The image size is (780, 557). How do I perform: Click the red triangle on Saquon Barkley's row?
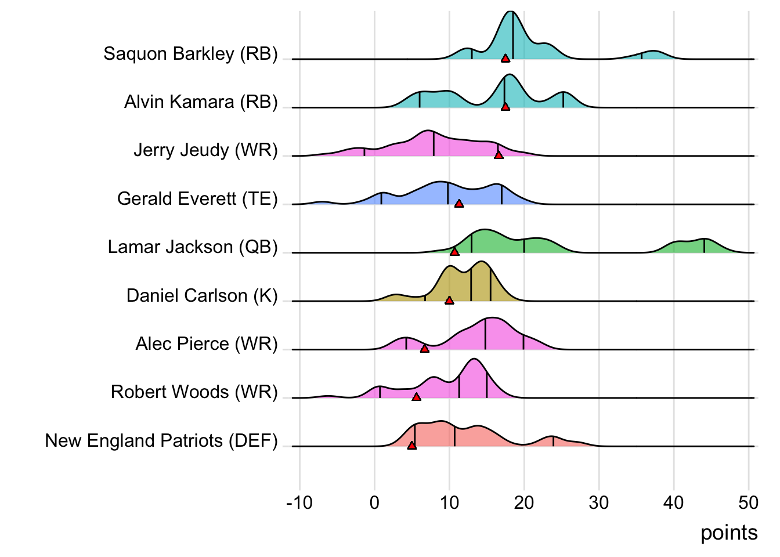(x=505, y=58)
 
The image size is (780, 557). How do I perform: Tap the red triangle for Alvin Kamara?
(x=505, y=107)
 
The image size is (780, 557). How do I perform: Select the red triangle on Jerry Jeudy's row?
(x=499, y=155)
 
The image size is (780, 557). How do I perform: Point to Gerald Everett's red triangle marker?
(x=459, y=204)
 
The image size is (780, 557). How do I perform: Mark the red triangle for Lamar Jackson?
(x=454, y=252)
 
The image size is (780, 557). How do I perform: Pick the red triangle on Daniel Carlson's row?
(x=449, y=301)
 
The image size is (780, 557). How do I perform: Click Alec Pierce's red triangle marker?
(x=424, y=349)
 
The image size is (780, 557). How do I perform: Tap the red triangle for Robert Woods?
(x=416, y=397)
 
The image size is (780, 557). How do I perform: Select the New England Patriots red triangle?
(x=411, y=446)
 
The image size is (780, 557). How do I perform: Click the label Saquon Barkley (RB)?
(x=190, y=53)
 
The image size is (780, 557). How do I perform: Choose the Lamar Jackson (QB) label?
(x=193, y=247)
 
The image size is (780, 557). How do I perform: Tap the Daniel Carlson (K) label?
(x=202, y=295)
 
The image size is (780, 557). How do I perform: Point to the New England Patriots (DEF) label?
(x=161, y=440)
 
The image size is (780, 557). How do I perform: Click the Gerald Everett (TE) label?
(x=197, y=198)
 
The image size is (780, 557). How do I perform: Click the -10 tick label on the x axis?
(x=299, y=502)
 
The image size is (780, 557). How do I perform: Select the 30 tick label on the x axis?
(x=599, y=502)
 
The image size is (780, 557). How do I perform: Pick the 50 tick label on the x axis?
(x=749, y=502)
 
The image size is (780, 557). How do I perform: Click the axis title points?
(x=729, y=533)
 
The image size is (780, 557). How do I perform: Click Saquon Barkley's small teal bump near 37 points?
(x=653, y=56)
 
